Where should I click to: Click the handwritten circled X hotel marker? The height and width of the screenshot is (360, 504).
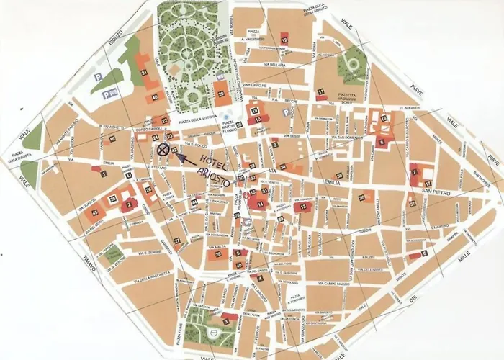coord(164,150)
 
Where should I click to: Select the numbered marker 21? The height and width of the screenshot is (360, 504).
coord(144,73)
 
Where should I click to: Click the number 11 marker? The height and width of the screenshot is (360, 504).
coord(320,92)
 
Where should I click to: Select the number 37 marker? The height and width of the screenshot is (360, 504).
coord(413,204)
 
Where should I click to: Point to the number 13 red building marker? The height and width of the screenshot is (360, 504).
coord(303,207)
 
